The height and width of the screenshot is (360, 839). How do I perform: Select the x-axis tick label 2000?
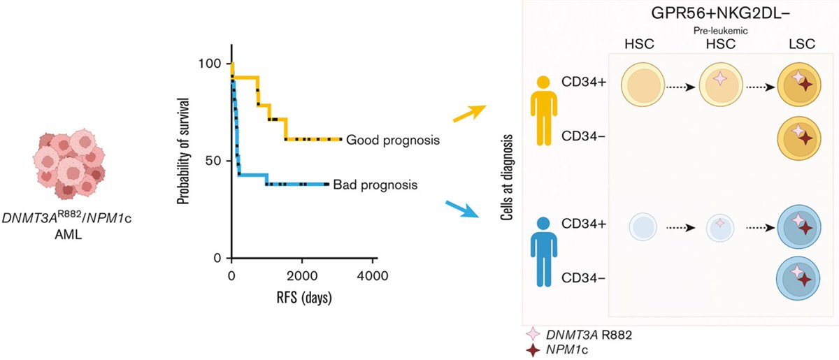click(x=302, y=275)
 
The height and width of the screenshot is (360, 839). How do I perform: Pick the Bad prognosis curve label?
click(x=375, y=185)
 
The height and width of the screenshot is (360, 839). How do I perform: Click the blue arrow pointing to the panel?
click(x=463, y=208)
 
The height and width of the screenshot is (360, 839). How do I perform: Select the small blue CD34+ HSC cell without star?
click(x=644, y=226)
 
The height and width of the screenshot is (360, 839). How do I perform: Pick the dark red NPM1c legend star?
click(x=535, y=350)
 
